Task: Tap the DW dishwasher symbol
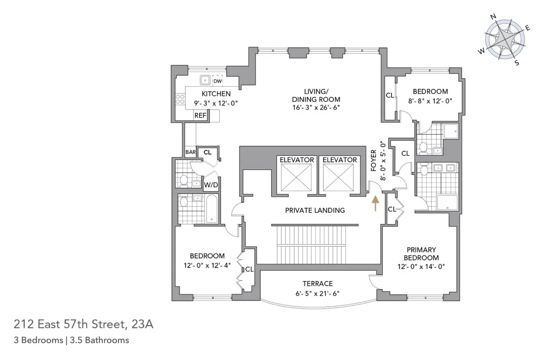(x=218, y=81)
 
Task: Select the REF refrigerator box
(x=200, y=115)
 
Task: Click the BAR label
(x=190, y=152)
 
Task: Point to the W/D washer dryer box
(x=210, y=185)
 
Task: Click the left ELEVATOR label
(x=297, y=160)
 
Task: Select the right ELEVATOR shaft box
(x=339, y=176)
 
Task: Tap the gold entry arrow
(x=375, y=203)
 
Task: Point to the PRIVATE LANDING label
(x=315, y=210)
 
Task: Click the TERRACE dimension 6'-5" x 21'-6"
(x=318, y=293)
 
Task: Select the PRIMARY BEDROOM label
(x=421, y=254)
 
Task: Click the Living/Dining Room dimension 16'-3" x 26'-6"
(x=316, y=108)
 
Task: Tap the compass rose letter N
(x=494, y=17)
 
